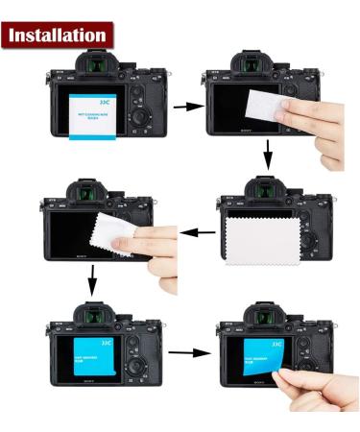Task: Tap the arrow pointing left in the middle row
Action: click(198, 231)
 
